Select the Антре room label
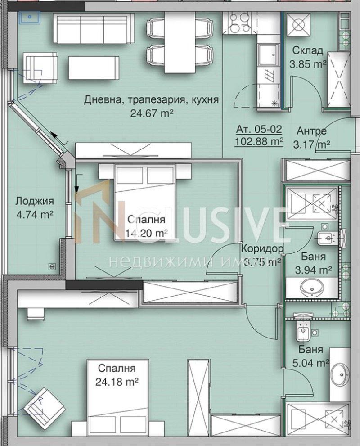pyautogui.click(x=311, y=131)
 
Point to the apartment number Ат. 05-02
pyautogui.click(x=259, y=130)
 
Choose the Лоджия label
pyautogui.click(x=34, y=201)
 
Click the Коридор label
pyautogui.click(x=262, y=248)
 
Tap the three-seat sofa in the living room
pyautogui.click(x=94, y=28)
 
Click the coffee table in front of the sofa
pyautogui.click(x=94, y=68)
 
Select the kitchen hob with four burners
pyautogui.click(x=240, y=23)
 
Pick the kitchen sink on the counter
pyautogui.click(x=269, y=56)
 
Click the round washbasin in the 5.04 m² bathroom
pyautogui.click(x=340, y=374)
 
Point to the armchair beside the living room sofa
pyautogui.click(x=40, y=68)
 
